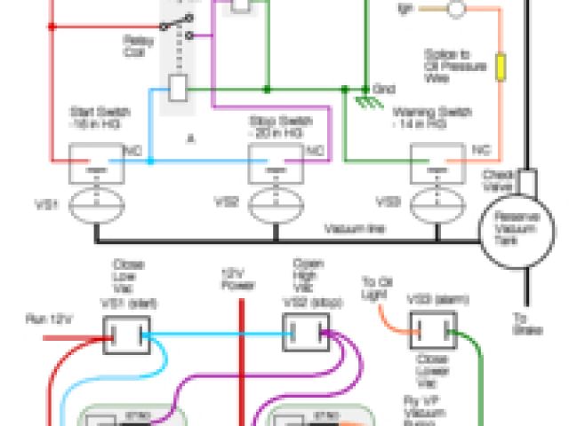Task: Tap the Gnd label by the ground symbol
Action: tap(384, 90)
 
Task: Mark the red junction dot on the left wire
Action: tap(52, 27)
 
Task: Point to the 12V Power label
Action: tap(237, 280)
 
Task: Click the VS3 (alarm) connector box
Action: tap(430, 332)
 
